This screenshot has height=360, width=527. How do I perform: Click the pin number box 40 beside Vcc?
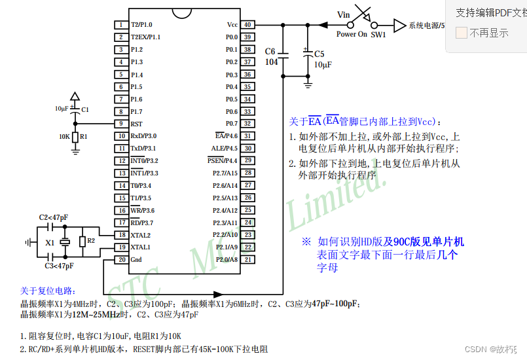[x=247, y=25]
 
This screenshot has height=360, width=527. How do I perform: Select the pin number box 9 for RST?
[x=121, y=124]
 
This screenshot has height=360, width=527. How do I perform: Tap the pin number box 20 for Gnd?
[x=121, y=260]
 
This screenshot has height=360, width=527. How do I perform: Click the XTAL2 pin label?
[x=140, y=235]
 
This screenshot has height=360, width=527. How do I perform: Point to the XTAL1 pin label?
[x=140, y=247]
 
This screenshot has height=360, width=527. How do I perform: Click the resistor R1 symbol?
[x=75, y=137]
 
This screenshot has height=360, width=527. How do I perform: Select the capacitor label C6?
[x=270, y=52]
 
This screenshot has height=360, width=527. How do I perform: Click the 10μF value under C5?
[x=322, y=65]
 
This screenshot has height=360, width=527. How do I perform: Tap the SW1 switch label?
[x=378, y=35]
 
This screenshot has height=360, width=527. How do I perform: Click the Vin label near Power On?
[x=344, y=15]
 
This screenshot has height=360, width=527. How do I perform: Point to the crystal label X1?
[x=49, y=243]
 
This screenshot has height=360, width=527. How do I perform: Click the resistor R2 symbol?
[x=82, y=242]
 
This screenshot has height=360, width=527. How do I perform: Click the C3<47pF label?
[x=59, y=266]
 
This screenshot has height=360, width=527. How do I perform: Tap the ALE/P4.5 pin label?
[x=225, y=149]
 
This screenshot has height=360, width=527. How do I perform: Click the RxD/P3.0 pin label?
[x=143, y=136]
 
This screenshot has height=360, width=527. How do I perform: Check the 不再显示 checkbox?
[x=462, y=33]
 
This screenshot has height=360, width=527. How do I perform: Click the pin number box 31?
[x=247, y=136]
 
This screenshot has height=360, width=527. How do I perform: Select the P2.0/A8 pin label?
[x=226, y=260]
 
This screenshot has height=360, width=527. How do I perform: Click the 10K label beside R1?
[x=64, y=137]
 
